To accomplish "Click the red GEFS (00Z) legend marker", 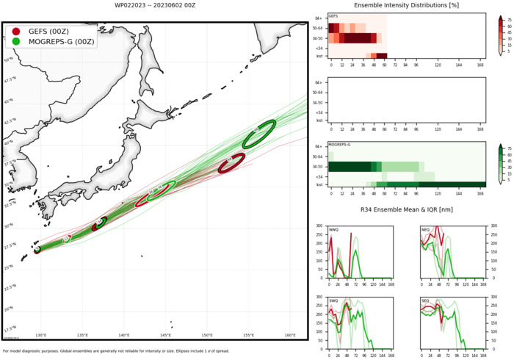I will [16, 32].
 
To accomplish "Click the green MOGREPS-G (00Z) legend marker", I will [16, 43].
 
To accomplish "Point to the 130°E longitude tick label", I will [41, 336].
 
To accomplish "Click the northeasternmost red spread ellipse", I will [231, 164].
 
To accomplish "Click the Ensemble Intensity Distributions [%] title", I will [406, 5].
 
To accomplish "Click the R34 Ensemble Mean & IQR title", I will [406, 210].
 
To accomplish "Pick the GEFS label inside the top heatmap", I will [333, 16].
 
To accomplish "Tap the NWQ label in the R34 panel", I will [334, 229].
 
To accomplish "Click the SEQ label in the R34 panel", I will [427, 300].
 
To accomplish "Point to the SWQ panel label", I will [334, 300].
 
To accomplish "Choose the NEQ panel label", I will [427, 229].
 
